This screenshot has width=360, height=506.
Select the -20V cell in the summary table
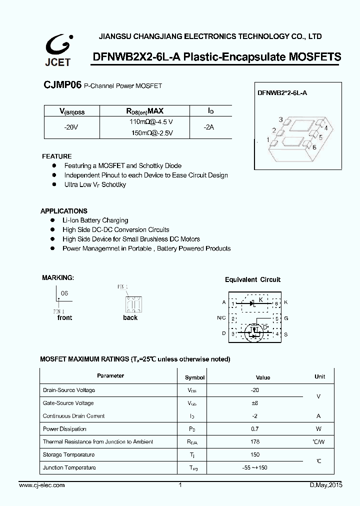click(x=71, y=127)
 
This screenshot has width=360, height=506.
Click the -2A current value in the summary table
click(x=209, y=127)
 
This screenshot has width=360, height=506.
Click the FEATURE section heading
click(x=56, y=156)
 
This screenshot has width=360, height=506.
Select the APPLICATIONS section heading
click(x=64, y=211)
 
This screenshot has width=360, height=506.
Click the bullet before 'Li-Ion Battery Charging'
click(x=52, y=220)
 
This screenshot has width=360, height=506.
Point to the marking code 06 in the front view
click(x=64, y=293)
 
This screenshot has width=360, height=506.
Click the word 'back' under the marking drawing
click(x=130, y=317)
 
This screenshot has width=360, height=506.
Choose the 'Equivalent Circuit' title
click(x=252, y=279)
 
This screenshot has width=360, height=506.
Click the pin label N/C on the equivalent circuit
click(x=221, y=318)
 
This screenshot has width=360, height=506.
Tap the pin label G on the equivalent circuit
click(x=286, y=318)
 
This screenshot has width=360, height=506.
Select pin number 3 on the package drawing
click(x=281, y=119)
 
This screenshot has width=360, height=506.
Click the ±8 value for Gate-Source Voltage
click(x=255, y=403)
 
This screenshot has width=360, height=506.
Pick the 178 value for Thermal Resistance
click(x=255, y=441)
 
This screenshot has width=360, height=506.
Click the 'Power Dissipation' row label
click(x=64, y=429)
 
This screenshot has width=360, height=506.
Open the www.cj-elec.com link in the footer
click(x=41, y=485)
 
